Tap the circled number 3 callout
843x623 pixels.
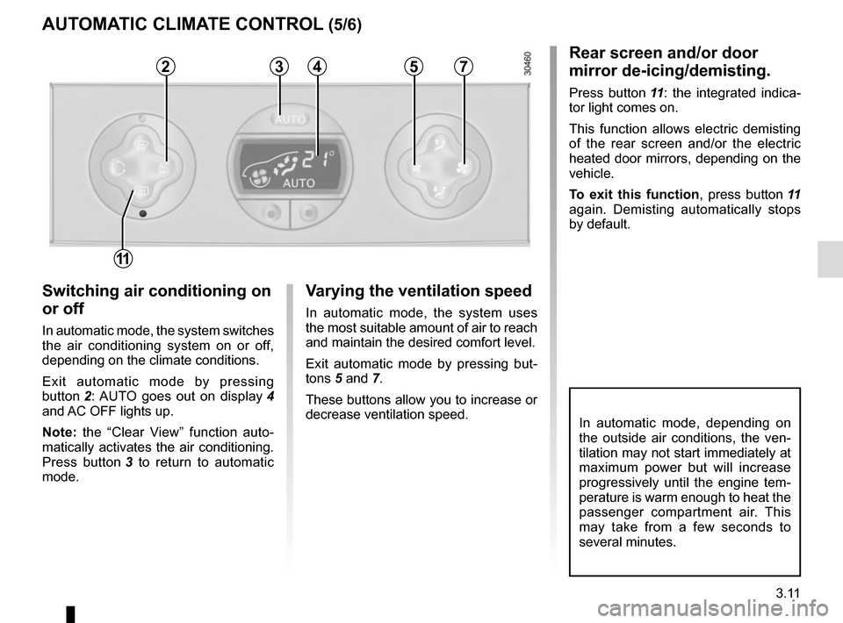click(279, 66)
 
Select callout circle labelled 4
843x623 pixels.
click(317, 66)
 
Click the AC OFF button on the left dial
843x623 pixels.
click(165, 164)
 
